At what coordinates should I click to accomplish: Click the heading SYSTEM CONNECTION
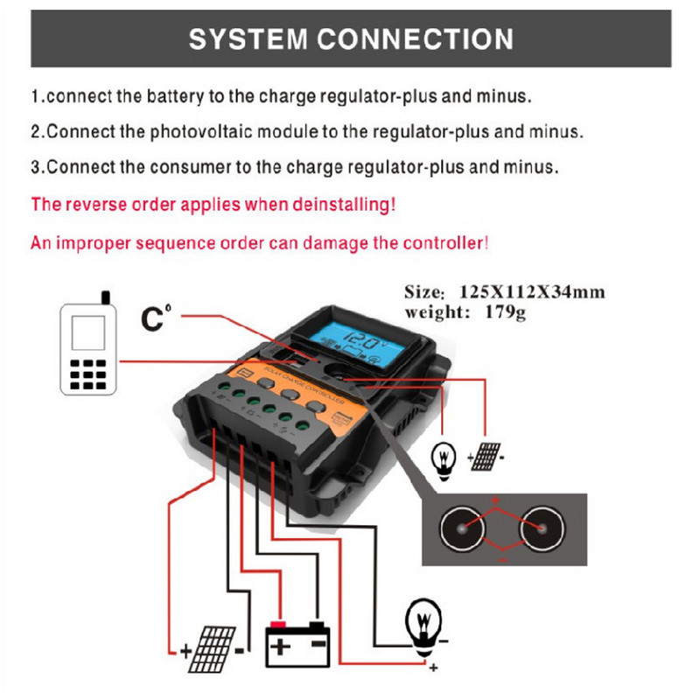pos(351,39)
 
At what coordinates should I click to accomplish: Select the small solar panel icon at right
pos(486,456)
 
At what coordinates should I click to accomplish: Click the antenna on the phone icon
pos(106,297)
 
